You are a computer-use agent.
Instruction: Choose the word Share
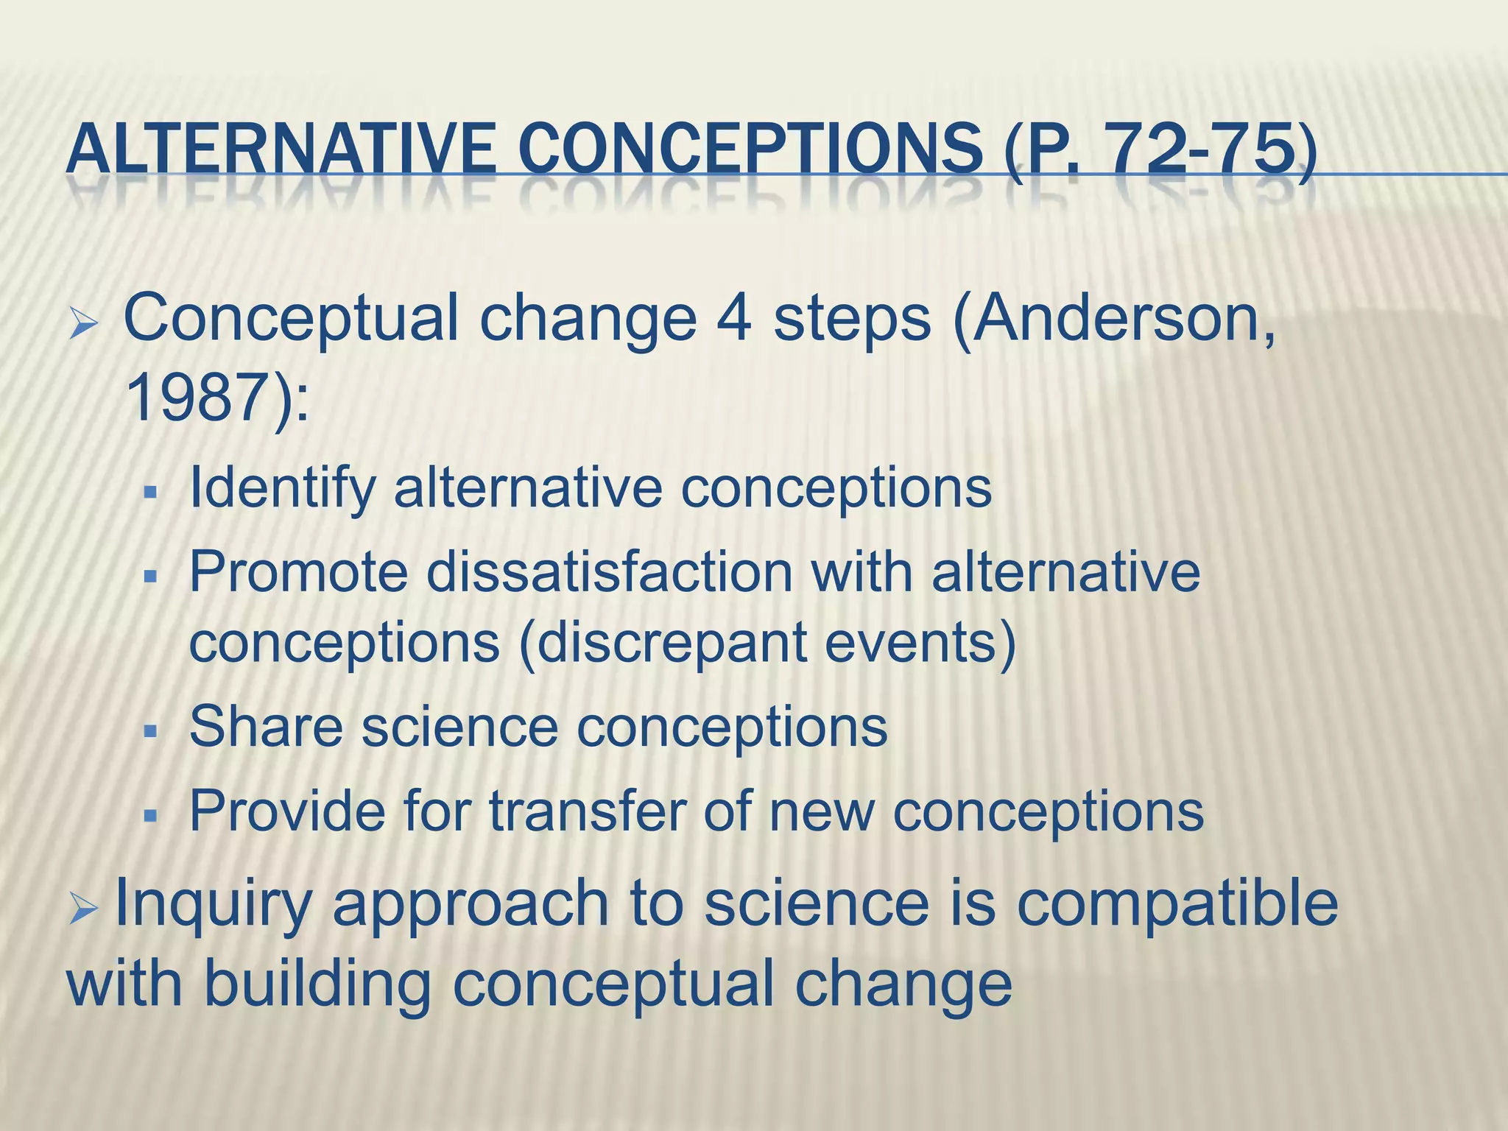pos(266,727)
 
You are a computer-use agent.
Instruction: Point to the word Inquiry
pos(214,903)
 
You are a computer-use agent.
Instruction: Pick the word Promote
pos(298,571)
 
